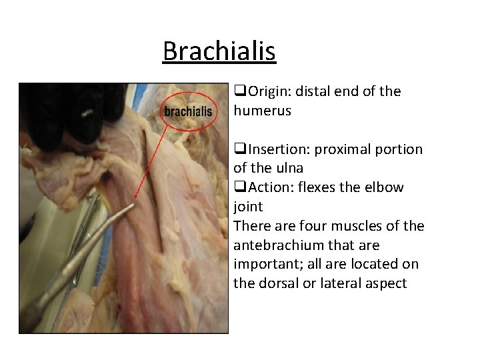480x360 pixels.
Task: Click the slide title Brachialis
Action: coord(219,51)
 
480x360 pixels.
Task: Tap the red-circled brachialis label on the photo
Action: coord(188,111)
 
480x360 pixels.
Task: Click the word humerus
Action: coord(262,111)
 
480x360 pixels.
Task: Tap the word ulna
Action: coord(289,168)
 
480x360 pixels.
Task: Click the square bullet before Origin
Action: coord(239,91)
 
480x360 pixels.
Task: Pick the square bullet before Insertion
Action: coord(239,149)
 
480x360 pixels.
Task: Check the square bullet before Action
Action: coord(239,187)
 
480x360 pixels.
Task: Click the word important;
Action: coord(266,264)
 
